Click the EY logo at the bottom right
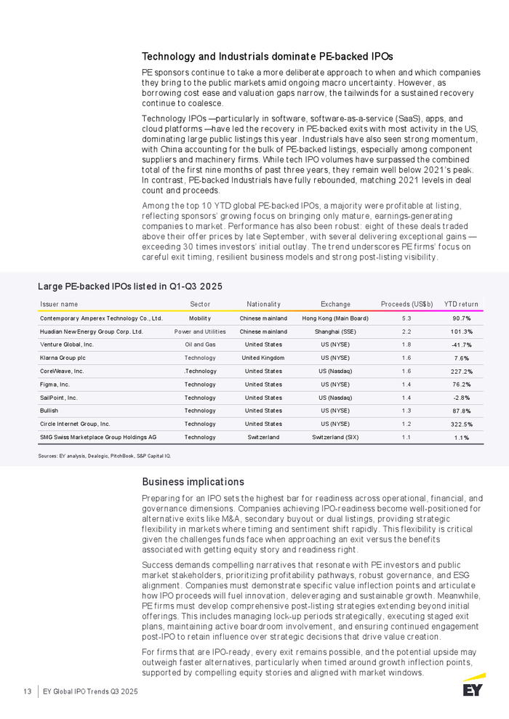pos(473,686)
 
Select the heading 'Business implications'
pos(193,482)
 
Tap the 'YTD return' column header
pos(461,304)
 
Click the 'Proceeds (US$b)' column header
pos(407,304)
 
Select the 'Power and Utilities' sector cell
pos(200,332)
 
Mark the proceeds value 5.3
pos(407,318)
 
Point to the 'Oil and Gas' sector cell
pos(200,345)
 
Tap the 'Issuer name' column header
pos(59,304)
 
